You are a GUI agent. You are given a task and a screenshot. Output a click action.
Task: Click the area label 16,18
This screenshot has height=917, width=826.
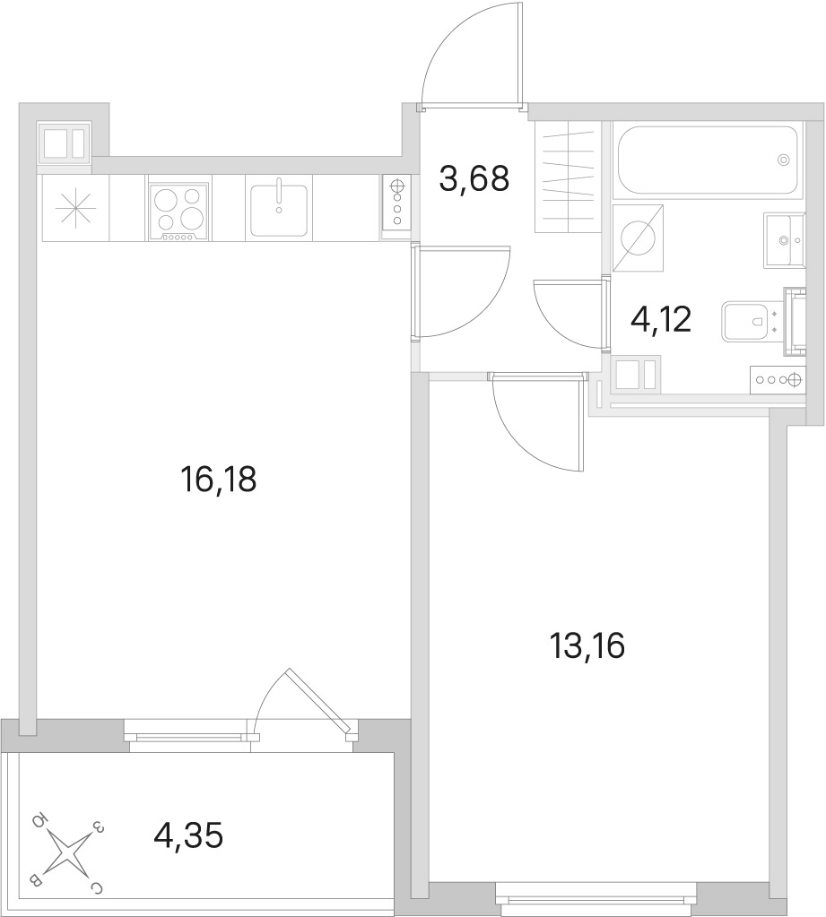[x=219, y=480]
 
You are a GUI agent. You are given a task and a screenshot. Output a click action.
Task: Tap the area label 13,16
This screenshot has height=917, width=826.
[x=587, y=646]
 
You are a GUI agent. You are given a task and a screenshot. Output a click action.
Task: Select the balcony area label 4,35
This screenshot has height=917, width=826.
[x=188, y=835]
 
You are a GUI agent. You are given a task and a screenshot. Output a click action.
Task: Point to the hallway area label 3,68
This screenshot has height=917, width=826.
[x=474, y=178]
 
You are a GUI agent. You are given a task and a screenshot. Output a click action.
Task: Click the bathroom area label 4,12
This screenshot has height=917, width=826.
[x=661, y=319]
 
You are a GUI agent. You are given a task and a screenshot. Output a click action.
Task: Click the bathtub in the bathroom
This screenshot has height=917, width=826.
[x=705, y=160]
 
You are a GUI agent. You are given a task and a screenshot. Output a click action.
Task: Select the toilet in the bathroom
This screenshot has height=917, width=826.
[x=752, y=321]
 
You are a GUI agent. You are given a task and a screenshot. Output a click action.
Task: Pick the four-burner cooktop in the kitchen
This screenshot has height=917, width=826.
[x=179, y=212]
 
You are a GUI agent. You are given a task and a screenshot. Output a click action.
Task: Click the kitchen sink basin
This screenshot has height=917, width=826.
[x=279, y=211]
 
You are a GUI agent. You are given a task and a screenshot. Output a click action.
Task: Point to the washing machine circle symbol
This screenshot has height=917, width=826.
[x=639, y=238]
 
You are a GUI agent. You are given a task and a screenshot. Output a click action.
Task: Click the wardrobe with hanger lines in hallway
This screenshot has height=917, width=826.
[x=569, y=177]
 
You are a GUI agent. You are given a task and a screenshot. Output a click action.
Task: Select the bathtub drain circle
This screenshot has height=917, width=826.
[x=783, y=159]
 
